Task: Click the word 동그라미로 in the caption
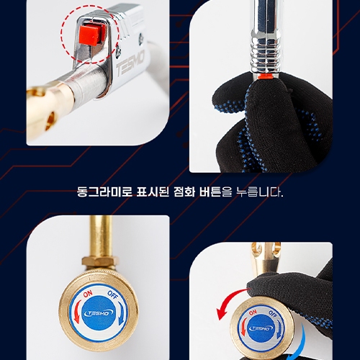pyautogui.click(x=104, y=192)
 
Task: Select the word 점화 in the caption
pyautogui.click(x=184, y=192)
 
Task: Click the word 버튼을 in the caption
pyautogui.click(x=215, y=192)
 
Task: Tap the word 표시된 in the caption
pyautogui.click(x=153, y=192)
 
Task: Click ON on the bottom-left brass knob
pyautogui.click(x=88, y=293)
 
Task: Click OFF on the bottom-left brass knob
pyautogui.click(x=112, y=294)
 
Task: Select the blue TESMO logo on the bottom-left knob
pyautogui.click(x=99, y=313)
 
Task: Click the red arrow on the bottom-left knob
pyautogui.click(x=77, y=312)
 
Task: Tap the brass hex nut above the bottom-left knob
pyautogui.click(x=100, y=262)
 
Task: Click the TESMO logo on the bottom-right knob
pyautogui.click(x=261, y=328)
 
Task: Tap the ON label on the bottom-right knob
pyautogui.click(x=253, y=312)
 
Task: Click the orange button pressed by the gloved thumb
pyautogui.click(x=265, y=76)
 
